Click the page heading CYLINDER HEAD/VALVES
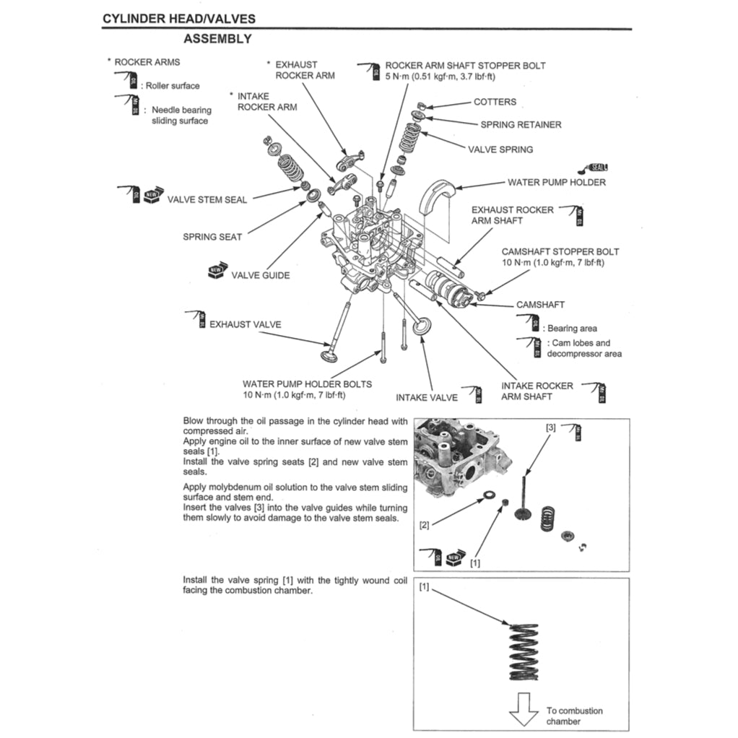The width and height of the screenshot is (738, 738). tap(178, 19)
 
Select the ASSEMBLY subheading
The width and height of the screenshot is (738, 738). tap(217, 39)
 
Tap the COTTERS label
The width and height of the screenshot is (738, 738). tap(495, 102)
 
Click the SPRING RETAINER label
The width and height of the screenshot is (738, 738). tap(521, 125)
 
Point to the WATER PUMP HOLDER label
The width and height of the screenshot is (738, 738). tap(556, 183)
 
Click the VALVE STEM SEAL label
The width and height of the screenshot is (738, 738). tap(207, 200)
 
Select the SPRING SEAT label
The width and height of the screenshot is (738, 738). tap(212, 237)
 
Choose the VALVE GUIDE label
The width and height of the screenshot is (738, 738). tap(260, 275)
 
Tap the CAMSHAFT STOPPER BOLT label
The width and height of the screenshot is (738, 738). tap(560, 252)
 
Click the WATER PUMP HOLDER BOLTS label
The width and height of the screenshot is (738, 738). tap(307, 384)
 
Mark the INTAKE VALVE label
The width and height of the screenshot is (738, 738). tap(426, 398)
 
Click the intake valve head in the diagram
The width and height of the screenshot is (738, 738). tap(422, 325)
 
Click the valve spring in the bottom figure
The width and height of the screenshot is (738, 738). tap(524, 652)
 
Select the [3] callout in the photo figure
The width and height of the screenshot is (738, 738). tap(550, 427)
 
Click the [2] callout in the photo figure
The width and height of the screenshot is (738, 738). tap(424, 525)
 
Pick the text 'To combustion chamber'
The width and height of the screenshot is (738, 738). tap(573, 716)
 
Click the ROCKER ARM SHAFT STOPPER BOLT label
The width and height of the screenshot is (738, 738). tap(465, 65)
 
